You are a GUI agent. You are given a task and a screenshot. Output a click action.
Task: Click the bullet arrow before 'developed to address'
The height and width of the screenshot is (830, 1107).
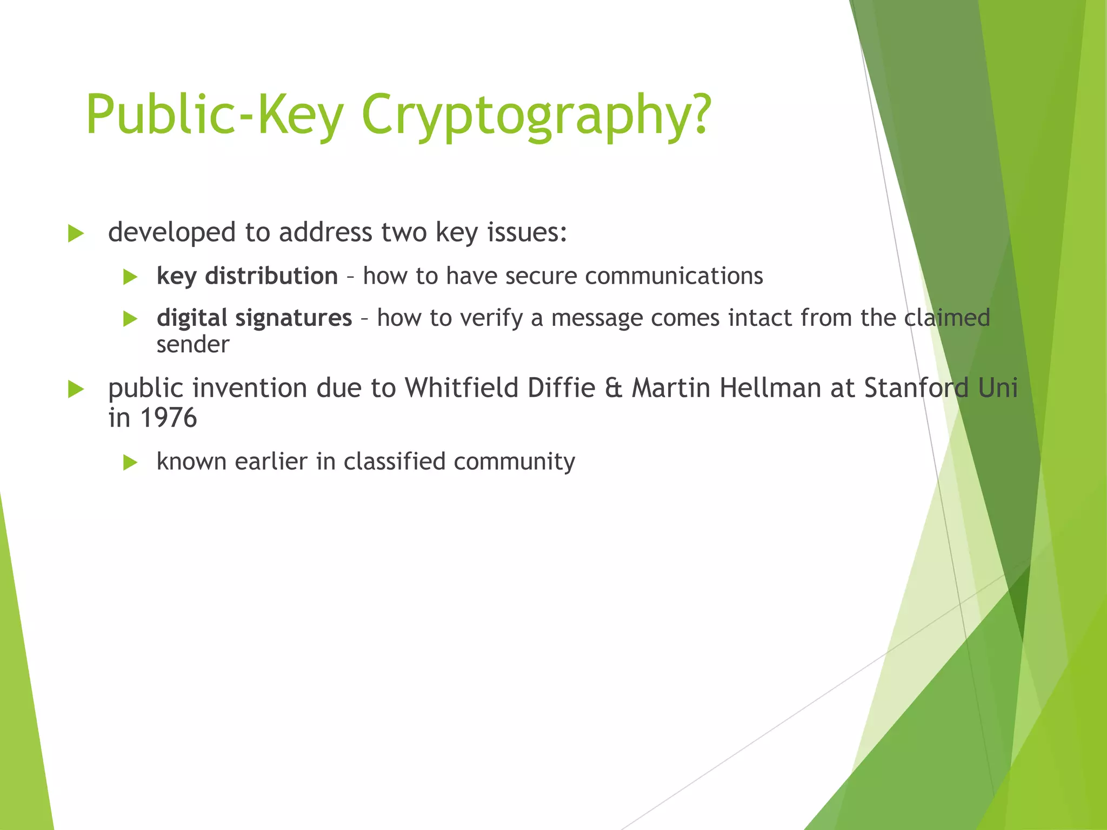coord(76,234)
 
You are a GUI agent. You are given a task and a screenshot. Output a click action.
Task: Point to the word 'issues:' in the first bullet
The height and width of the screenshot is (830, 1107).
coord(527,232)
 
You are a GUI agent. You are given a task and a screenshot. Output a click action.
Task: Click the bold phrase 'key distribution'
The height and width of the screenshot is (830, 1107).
coord(247,276)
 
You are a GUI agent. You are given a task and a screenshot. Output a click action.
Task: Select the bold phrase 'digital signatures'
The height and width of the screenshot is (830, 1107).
coord(254,318)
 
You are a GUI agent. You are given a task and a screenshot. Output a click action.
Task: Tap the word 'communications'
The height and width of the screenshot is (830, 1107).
coord(673,276)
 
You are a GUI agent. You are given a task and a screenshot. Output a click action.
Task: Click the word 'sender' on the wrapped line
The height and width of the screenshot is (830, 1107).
coord(193,345)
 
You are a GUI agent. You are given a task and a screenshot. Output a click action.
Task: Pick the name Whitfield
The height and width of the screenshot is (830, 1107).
coord(462,388)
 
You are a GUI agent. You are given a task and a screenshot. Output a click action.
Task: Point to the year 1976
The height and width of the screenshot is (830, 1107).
coord(168,418)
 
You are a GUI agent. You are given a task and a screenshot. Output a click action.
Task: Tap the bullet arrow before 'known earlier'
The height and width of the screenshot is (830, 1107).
coord(130,463)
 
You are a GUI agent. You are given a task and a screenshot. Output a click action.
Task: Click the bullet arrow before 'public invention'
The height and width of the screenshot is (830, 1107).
coord(76,389)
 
